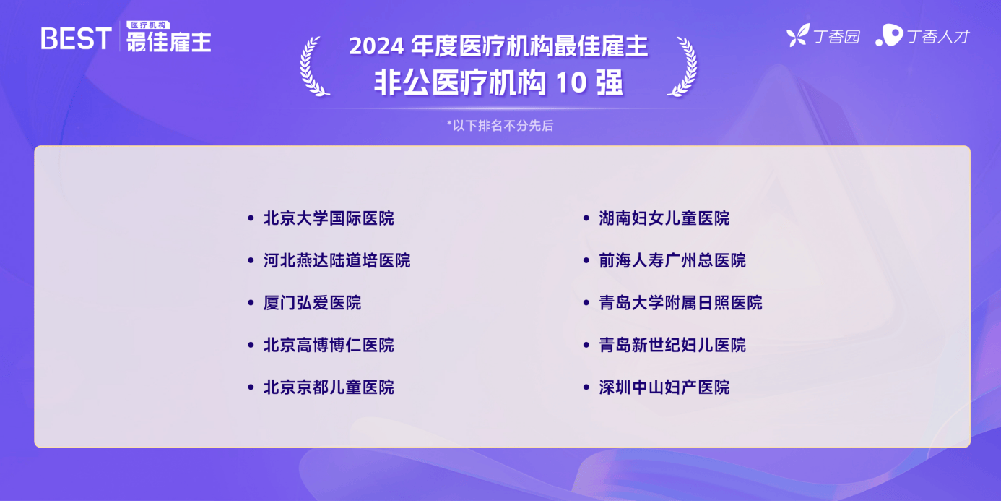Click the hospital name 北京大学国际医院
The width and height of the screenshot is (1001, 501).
tap(329, 218)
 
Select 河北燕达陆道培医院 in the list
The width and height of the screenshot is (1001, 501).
tap(337, 260)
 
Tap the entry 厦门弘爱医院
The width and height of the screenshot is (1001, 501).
tap(312, 303)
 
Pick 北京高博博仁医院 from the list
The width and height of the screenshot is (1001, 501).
tap(329, 345)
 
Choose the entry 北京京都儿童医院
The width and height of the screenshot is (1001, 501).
tap(329, 387)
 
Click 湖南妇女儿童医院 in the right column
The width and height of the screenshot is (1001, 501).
tap(664, 218)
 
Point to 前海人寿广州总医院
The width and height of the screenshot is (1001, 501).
tap(672, 260)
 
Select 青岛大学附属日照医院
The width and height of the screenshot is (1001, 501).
tap(680, 303)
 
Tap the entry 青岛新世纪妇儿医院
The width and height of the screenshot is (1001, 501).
tap(672, 345)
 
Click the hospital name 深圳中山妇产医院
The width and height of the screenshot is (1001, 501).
tap(664, 387)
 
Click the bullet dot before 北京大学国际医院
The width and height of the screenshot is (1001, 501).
tap(251, 218)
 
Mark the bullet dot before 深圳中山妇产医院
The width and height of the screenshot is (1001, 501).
tap(586, 387)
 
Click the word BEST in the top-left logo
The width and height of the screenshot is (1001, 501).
tap(76, 38)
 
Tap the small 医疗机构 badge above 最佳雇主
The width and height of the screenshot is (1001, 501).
tap(148, 25)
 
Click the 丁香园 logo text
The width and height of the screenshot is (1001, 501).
tap(836, 37)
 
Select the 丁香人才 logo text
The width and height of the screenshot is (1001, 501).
tap(938, 37)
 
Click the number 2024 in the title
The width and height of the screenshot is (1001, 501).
tap(376, 46)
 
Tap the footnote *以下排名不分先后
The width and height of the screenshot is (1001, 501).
tap(500, 126)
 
